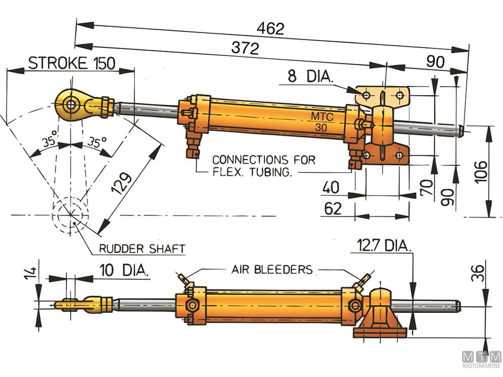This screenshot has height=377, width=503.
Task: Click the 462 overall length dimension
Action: click(x=270, y=28)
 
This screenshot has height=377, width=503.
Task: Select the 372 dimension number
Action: click(x=245, y=49)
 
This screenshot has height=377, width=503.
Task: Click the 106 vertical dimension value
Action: click(x=482, y=170)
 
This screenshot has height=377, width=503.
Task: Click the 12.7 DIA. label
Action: click(x=384, y=245)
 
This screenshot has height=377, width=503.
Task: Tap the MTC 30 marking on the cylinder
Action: click(x=322, y=122)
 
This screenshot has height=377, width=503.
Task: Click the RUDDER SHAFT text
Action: click(x=142, y=249)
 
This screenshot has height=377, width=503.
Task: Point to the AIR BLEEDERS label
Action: click(x=272, y=269)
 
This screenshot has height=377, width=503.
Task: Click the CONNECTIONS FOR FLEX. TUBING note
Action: click(x=263, y=166)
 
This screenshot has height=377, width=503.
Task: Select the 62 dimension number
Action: click(x=333, y=208)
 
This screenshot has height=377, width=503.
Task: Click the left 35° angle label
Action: click(x=50, y=142)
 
